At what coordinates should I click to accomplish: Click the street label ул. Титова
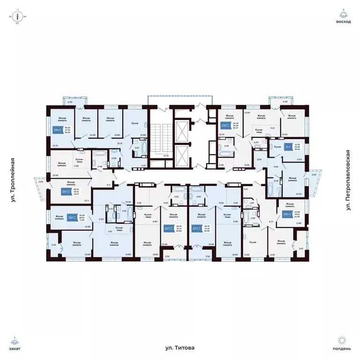pos(180,348)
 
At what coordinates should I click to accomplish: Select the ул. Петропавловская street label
pos(347,180)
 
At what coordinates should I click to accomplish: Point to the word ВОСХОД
pos(343,22)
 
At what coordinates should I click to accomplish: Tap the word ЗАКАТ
pos(16,349)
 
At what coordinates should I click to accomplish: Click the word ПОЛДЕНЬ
pos(343,349)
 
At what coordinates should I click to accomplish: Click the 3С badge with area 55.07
pos(224,126)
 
